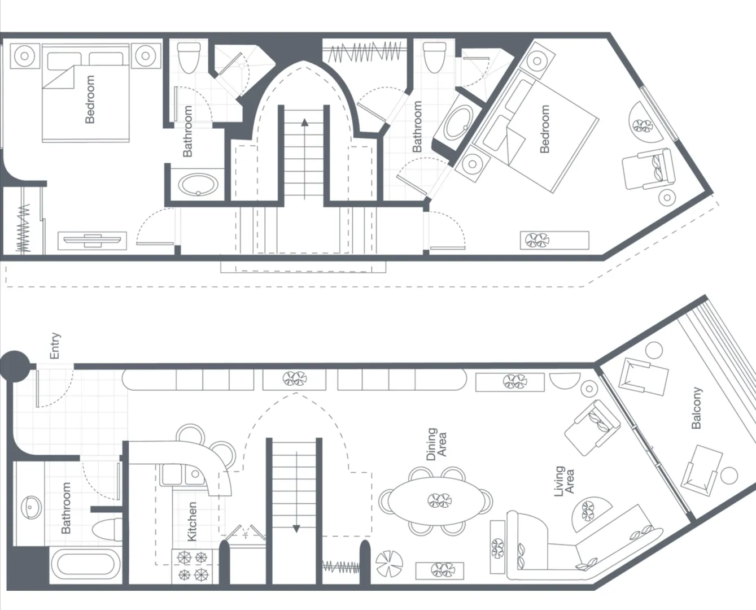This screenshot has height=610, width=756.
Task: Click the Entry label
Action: coord(55,346)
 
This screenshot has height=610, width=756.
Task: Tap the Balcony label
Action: coord(696,408)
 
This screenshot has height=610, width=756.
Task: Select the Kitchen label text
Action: coord(192,521)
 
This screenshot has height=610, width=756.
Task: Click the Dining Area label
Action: coord(436,444)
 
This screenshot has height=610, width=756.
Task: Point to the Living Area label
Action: coord(564,481)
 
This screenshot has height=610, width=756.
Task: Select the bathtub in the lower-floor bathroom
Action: coord(86,565)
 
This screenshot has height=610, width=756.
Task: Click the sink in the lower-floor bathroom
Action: coord(29,507)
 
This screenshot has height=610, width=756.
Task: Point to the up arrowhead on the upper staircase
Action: coord(304,122)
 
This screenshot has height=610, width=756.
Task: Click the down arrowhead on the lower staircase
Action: coord(296,529)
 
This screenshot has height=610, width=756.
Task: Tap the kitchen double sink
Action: coord(183,474)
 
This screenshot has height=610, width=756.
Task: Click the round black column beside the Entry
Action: coord(14,366)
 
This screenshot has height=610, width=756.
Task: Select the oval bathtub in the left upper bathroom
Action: coord(198,184)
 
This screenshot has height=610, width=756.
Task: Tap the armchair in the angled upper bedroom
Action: coord(649,169)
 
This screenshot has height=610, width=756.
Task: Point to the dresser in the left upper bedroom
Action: coord(93,241)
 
